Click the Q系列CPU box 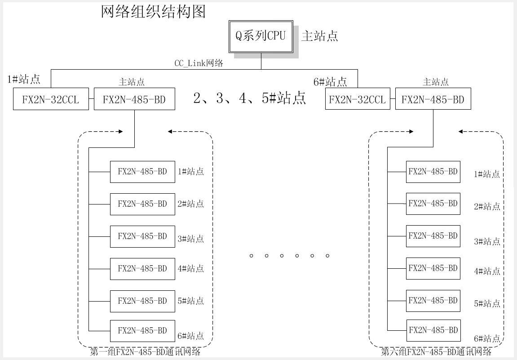(261, 36)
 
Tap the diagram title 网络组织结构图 (153, 12)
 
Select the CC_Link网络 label (199, 63)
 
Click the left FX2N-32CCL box (50, 99)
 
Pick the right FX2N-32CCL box (357, 99)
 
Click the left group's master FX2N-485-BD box (134, 99)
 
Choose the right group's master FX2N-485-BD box (433, 99)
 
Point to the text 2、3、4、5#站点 (250, 98)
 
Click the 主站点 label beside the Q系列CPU (319, 36)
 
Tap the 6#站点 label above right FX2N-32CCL (330, 82)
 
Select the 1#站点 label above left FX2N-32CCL (24, 80)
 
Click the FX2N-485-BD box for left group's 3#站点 (142, 236)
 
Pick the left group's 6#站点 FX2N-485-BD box (142, 331)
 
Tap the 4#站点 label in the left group (190, 269)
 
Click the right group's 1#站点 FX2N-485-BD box (433, 172)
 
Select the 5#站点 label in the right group (487, 304)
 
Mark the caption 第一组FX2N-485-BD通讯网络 (145, 352)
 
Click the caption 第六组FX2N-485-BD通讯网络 (436, 352)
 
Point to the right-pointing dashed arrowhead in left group (120, 132)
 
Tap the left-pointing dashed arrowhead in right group (461, 132)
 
